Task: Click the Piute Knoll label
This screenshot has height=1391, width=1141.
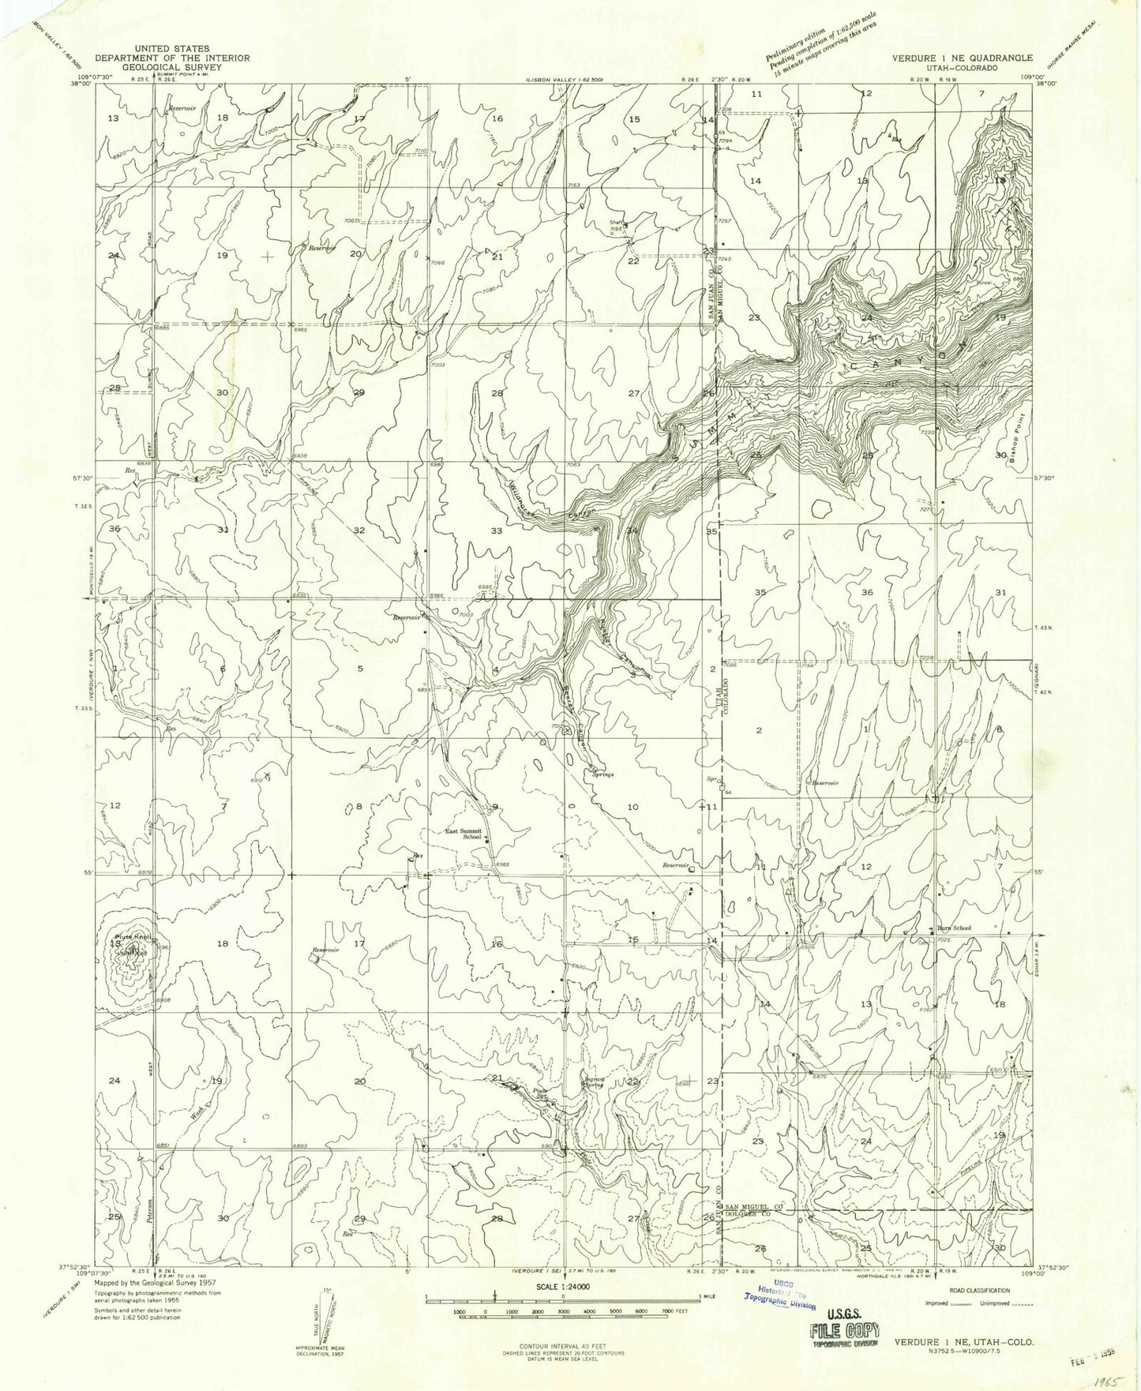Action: (131, 937)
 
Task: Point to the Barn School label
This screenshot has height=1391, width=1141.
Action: (954, 928)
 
